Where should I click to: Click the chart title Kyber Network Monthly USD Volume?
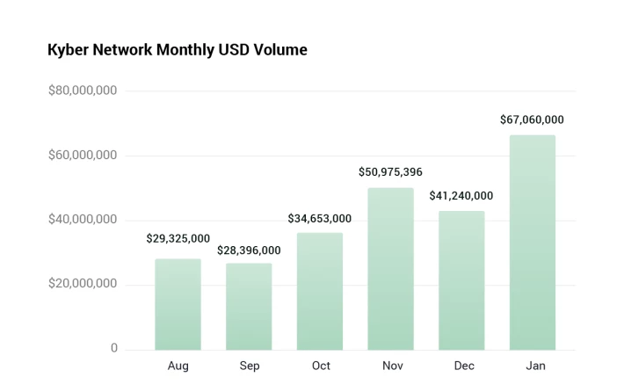click(178, 50)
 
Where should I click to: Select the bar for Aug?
click(178, 304)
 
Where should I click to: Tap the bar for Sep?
click(249, 307)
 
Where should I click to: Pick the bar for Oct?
click(320, 291)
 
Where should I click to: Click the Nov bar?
click(390, 269)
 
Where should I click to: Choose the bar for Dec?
click(461, 280)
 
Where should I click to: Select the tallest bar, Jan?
click(533, 243)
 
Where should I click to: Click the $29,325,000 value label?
click(178, 238)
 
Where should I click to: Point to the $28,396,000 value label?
click(249, 250)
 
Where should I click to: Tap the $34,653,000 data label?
click(320, 219)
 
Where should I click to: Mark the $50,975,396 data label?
click(390, 172)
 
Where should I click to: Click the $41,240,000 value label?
click(461, 196)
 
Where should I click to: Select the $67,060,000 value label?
click(532, 120)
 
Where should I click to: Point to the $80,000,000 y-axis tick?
click(83, 91)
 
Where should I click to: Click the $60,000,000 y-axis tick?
click(83, 156)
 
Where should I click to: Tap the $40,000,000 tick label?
click(83, 219)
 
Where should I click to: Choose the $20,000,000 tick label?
click(83, 283)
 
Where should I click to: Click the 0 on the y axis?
click(114, 348)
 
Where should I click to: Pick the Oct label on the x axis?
click(321, 366)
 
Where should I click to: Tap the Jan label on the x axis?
click(535, 366)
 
